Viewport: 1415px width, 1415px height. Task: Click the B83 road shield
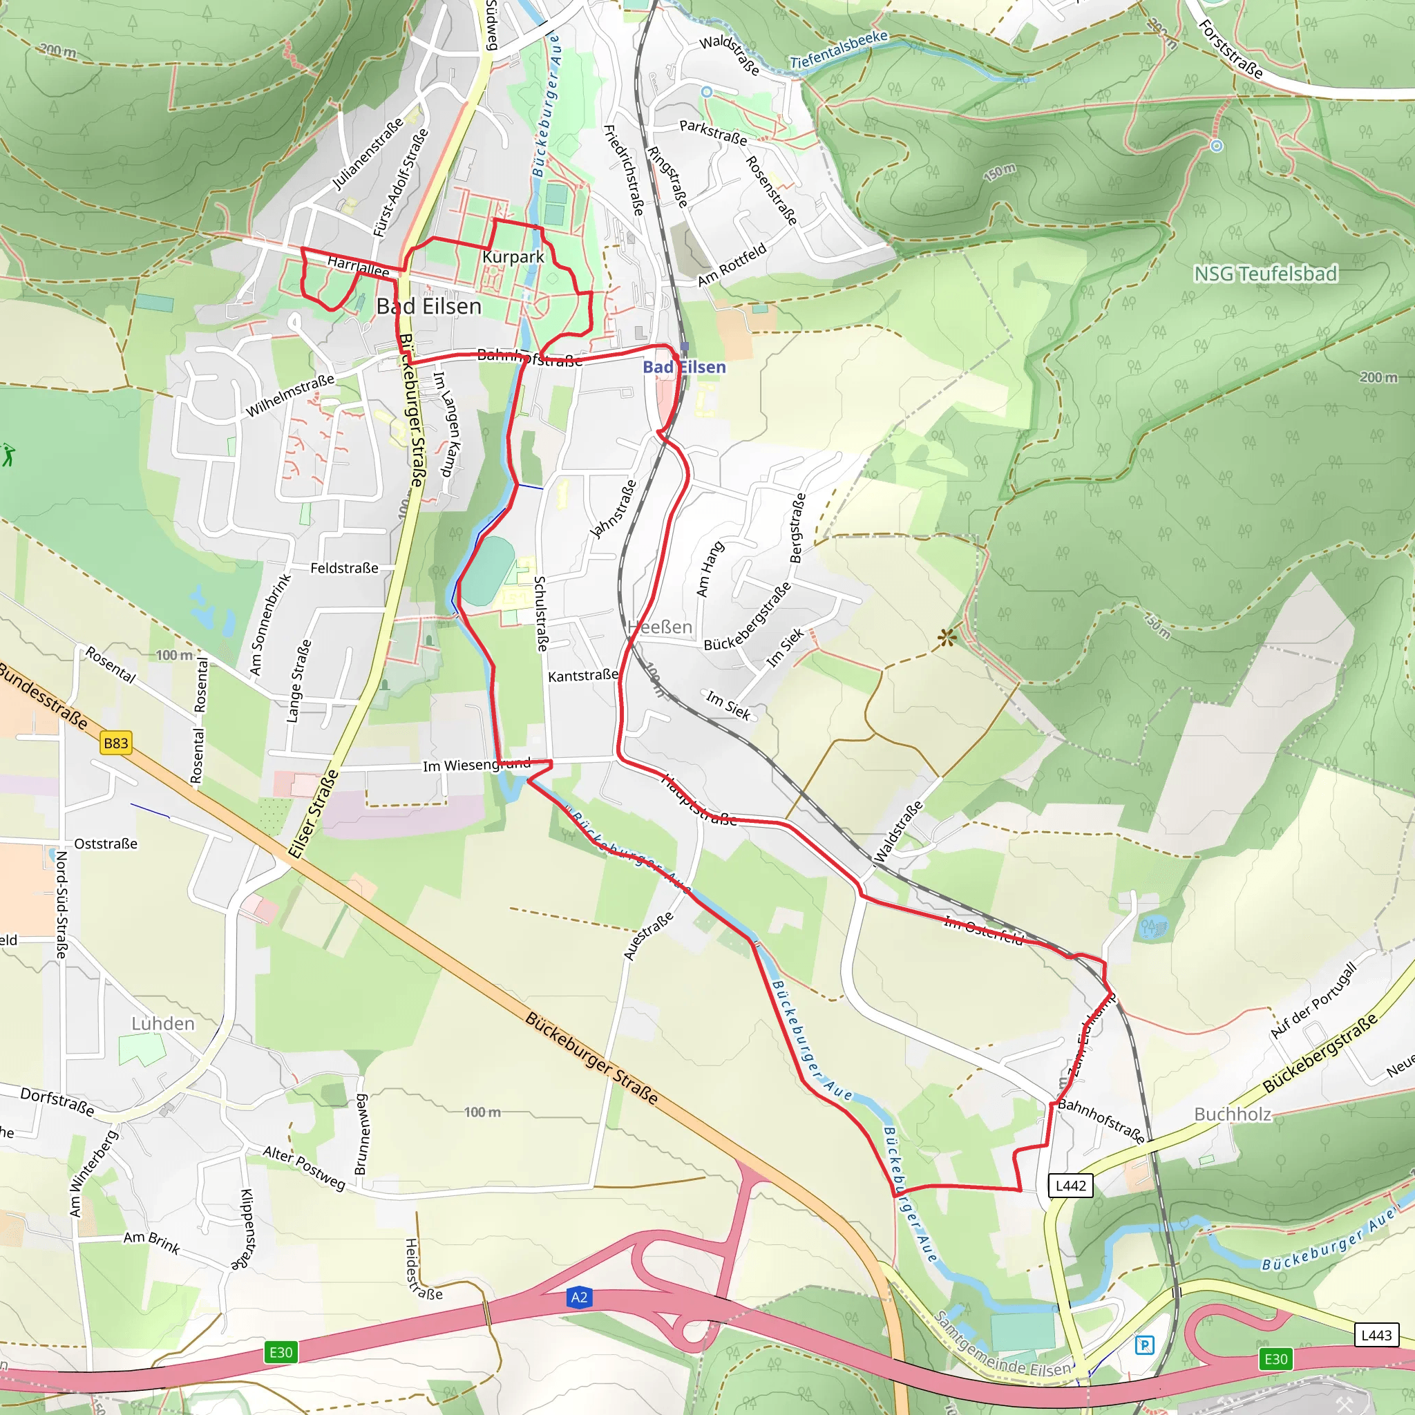click(x=115, y=743)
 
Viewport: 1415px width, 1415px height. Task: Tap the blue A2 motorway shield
click(x=578, y=1298)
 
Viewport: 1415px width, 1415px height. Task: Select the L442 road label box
click(x=1070, y=1186)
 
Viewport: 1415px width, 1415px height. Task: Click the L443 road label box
click(x=1376, y=1335)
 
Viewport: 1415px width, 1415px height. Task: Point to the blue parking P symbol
click(x=1144, y=1345)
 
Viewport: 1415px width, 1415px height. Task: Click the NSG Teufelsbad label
click(x=1265, y=274)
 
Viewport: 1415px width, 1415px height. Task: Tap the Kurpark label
click(x=513, y=257)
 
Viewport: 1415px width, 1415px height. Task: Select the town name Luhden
click(x=162, y=1024)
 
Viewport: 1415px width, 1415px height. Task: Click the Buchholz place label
click(x=1233, y=1114)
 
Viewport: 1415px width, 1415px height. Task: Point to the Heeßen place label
click(x=660, y=627)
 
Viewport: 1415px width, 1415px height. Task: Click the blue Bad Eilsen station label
click(x=684, y=367)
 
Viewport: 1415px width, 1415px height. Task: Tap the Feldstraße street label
click(x=344, y=569)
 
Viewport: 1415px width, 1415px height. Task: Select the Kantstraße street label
click(x=583, y=675)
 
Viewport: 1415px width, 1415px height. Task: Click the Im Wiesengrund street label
click(x=476, y=766)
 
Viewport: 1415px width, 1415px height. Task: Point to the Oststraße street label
click(x=106, y=844)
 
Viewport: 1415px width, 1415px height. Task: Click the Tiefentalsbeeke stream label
click(x=839, y=50)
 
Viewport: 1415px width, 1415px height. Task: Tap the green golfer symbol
click(x=8, y=455)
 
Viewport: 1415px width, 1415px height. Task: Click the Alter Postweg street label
click(x=304, y=1168)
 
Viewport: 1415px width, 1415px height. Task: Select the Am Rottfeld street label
click(x=732, y=265)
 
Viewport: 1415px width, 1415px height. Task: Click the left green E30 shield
click(x=281, y=1352)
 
